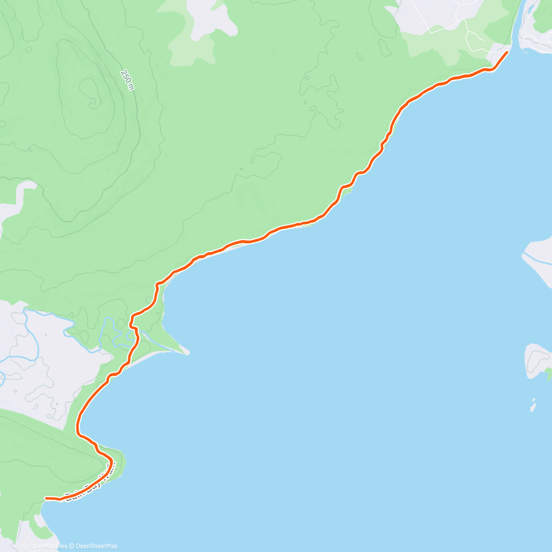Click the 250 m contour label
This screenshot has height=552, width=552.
pyautogui.click(x=127, y=80)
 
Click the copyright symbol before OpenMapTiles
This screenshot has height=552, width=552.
pyautogui.click(x=26, y=546)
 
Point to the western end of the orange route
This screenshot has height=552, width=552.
pyautogui.click(x=46, y=498)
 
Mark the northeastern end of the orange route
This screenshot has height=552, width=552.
pyautogui.click(x=507, y=52)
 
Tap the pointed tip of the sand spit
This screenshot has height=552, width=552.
pyautogui.click(x=188, y=353)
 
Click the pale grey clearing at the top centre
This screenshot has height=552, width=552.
pyautogui.click(x=209, y=18)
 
